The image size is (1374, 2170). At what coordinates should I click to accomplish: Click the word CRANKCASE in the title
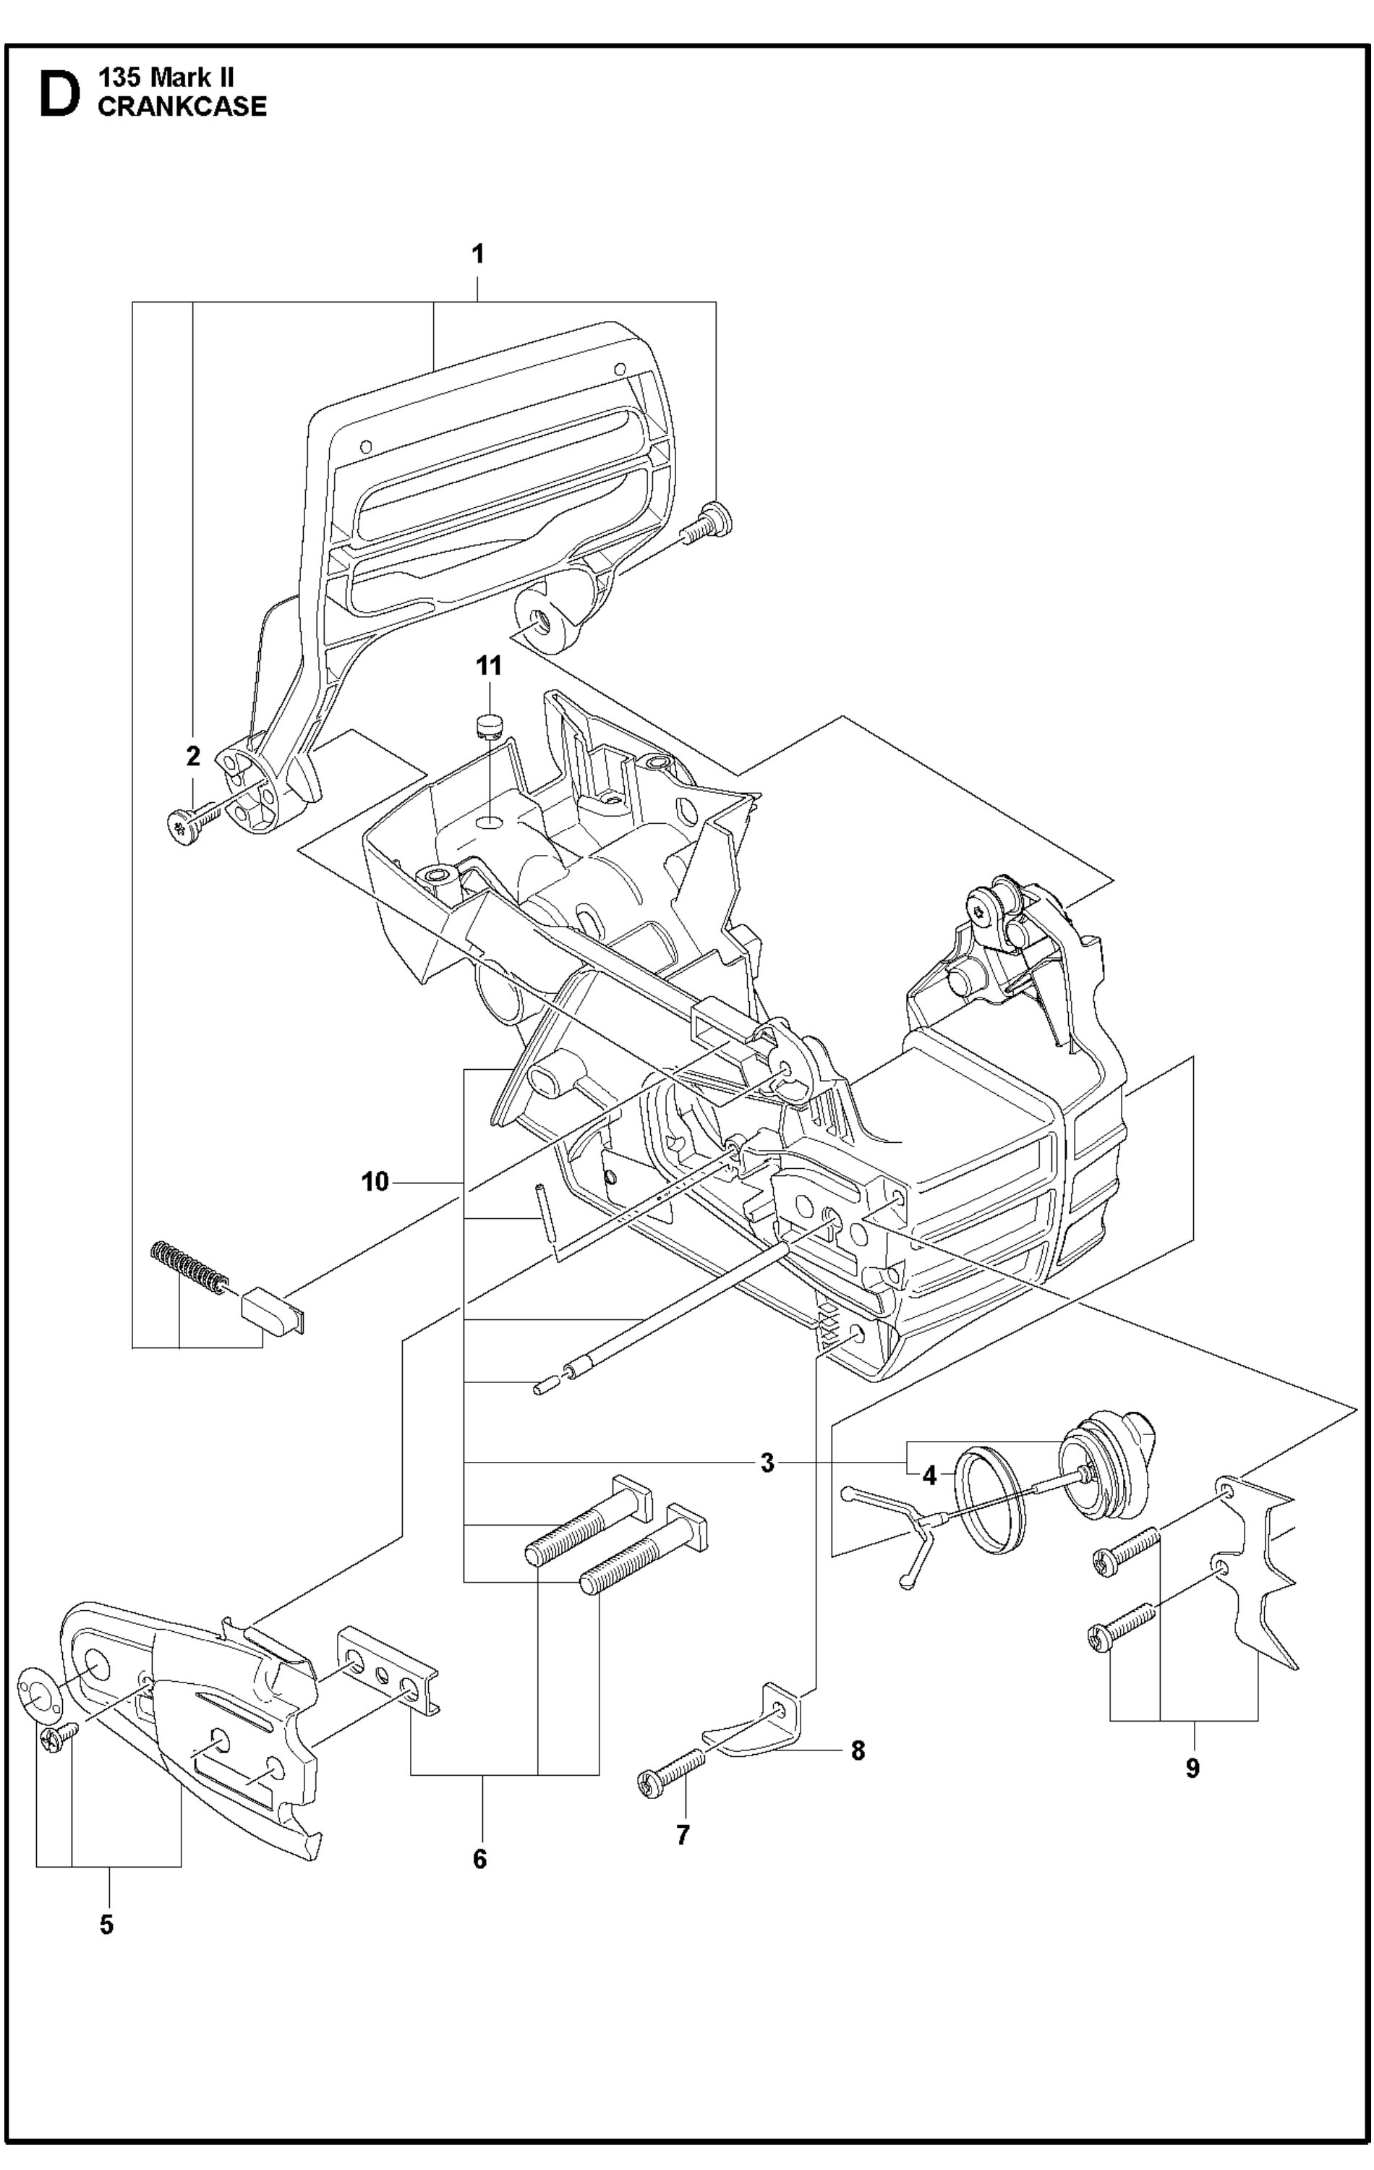pos(182,107)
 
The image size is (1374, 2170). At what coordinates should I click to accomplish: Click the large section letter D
pos(59,95)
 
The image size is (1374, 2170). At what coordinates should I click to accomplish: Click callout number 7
pos(682,1835)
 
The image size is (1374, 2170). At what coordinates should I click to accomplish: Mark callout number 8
pos(858,1751)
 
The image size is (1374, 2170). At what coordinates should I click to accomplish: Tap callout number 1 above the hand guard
pos(479,254)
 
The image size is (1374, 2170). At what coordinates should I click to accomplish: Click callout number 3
pos(767,1463)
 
